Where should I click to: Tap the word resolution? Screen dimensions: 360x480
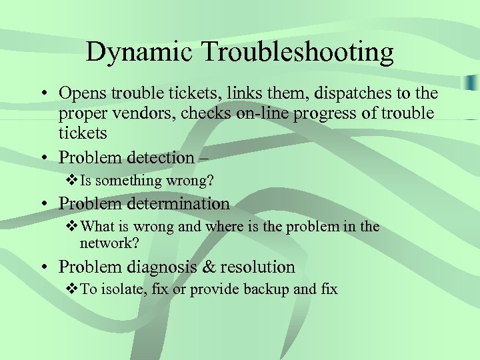(257, 267)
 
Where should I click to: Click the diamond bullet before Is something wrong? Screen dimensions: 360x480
(73, 181)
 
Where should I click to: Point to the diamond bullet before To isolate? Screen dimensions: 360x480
(73, 289)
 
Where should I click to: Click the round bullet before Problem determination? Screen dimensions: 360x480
(43, 204)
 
